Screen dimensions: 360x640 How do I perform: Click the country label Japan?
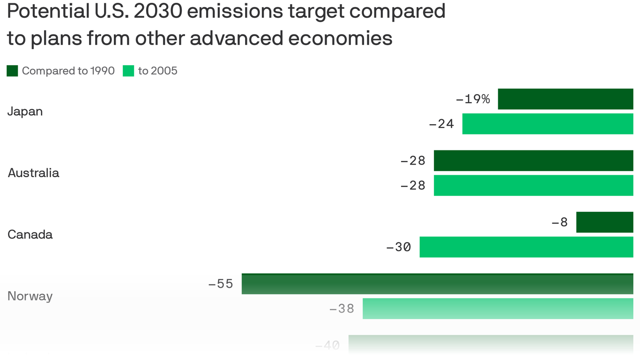tap(25, 112)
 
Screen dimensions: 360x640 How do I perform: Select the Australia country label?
tap(33, 173)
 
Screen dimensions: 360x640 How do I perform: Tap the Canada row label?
tap(30, 234)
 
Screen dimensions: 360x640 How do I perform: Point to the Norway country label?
tap(30, 296)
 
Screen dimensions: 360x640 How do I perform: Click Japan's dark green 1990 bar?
tap(565, 99)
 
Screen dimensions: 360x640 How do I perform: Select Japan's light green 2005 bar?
tap(547, 124)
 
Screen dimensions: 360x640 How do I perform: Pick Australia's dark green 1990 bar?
tap(533, 160)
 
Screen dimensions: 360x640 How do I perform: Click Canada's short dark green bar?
tap(604, 222)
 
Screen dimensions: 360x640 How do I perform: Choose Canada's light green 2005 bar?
tap(526, 247)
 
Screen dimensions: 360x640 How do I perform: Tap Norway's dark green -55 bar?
tap(437, 284)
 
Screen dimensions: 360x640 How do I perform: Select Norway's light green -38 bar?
tap(498, 308)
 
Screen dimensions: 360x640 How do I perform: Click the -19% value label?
tap(473, 99)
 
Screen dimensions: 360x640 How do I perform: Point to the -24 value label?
tap(441, 124)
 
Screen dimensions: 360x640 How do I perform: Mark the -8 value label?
tap(559, 222)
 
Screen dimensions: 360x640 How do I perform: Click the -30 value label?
tap(398, 247)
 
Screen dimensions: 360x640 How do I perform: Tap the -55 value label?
tap(221, 284)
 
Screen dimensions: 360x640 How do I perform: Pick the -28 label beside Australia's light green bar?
tap(413, 186)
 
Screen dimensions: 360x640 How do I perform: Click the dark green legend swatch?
tap(12, 71)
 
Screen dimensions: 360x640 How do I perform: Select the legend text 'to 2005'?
tap(157, 71)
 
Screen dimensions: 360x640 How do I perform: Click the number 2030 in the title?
tap(157, 11)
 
